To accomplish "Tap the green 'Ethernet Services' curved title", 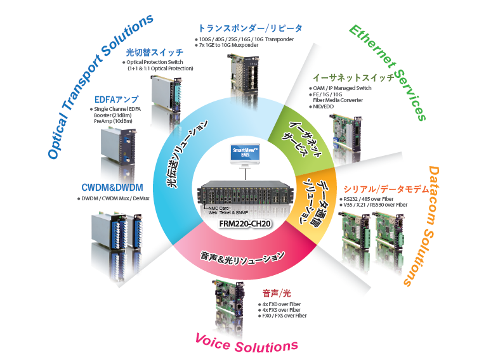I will click(387, 70).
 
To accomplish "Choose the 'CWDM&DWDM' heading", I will click(112, 188).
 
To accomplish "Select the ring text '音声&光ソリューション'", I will click(240, 257).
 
